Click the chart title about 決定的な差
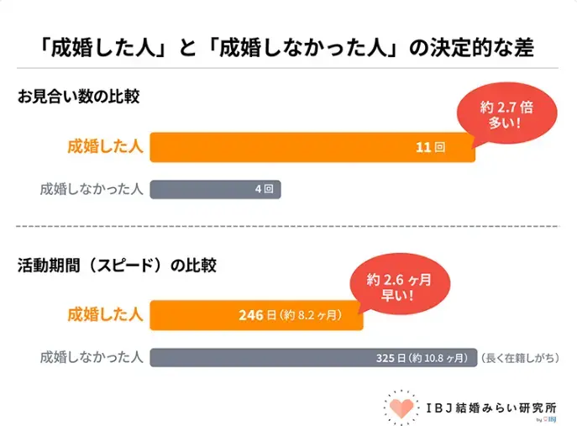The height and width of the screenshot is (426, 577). [x=288, y=44]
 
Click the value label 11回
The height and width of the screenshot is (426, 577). [x=429, y=147]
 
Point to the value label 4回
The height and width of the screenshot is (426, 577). [x=264, y=189]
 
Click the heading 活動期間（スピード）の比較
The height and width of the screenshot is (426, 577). [x=117, y=266]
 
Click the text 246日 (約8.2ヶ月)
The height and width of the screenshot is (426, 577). [x=290, y=315]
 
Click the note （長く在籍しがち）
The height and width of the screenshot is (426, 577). [x=520, y=358]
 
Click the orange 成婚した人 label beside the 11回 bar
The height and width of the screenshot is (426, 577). [x=106, y=147]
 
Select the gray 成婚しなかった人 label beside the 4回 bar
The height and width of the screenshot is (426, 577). [x=91, y=189]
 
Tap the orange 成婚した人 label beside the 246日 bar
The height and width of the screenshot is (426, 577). [x=106, y=315]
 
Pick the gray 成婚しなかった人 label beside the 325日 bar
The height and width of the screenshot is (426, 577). [x=91, y=357]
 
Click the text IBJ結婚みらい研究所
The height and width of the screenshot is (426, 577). [x=490, y=402]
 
